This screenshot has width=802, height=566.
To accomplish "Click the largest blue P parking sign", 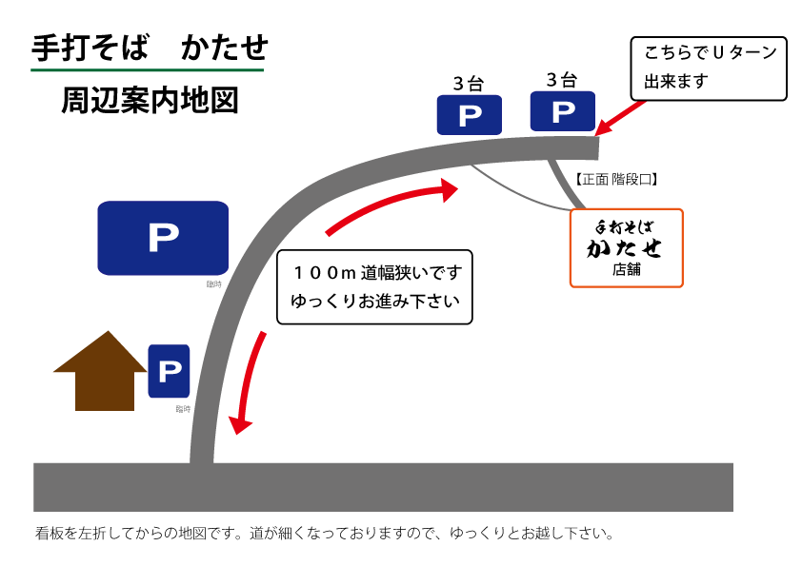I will point(163,238).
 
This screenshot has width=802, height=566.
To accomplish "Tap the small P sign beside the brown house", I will point(169,371).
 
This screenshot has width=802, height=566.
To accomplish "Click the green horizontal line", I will point(147,70).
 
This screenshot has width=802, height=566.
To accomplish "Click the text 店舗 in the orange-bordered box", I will point(626,269).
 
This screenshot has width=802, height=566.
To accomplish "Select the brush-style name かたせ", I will point(625,249).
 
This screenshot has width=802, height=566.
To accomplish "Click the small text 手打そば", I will point(626,228).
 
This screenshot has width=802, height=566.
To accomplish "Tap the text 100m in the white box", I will point(324,273).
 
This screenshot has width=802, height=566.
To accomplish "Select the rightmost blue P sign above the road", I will point(562,111).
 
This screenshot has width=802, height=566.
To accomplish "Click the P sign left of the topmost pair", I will point(469,115).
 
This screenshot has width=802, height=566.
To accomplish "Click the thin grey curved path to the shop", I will point(514,192).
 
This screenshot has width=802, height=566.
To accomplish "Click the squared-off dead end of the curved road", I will point(591,148).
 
